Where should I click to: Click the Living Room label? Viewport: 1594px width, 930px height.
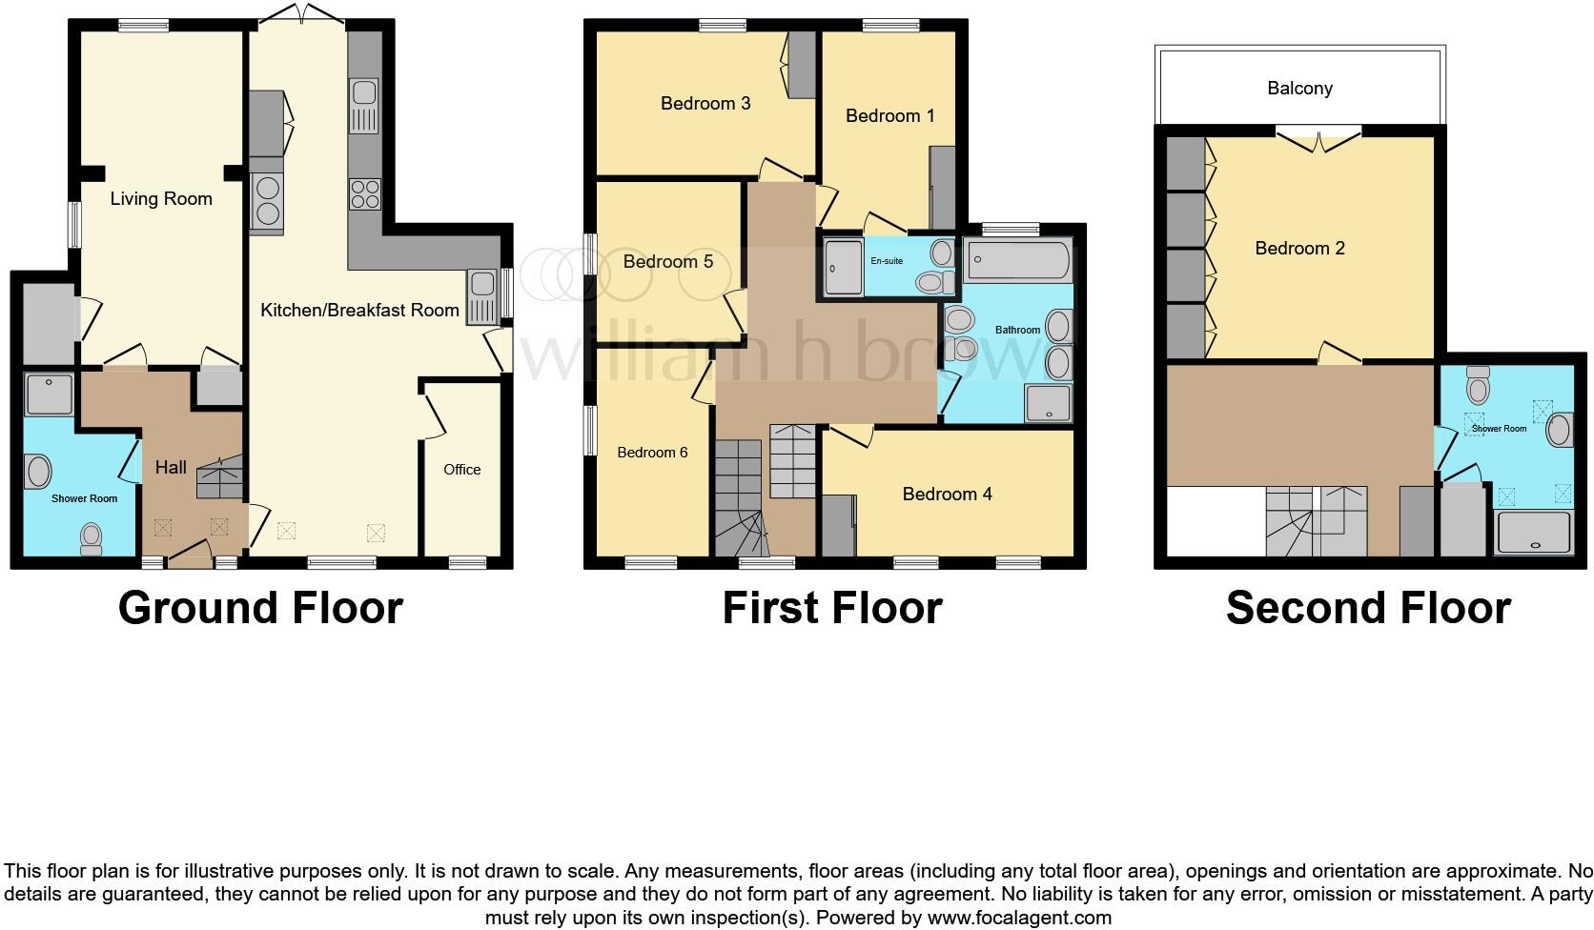click(x=161, y=199)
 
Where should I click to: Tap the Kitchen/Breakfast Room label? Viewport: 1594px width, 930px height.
click(x=359, y=310)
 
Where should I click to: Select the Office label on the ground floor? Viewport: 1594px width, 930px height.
click(x=462, y=470)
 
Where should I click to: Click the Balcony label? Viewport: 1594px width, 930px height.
click(x=1299, y=89)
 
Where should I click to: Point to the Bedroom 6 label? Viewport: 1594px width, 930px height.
click(x=652, y=453)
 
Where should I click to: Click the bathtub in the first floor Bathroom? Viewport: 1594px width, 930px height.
click(x=1017, y=260)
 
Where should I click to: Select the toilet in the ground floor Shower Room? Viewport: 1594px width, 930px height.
click(x=92, y=539)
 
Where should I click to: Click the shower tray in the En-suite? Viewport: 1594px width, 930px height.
click(x=843, y=267)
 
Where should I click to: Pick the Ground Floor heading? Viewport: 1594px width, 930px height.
click(x=260, y=608)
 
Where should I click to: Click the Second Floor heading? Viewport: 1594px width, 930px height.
click(x=1368, y=608)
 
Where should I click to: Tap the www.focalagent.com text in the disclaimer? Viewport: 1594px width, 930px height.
click(x=1019, y=919)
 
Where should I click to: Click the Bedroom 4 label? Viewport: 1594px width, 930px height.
click(x=947, y=494)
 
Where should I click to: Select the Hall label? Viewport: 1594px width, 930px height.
click(x=172, y=467)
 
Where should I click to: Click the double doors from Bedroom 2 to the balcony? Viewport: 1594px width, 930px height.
click(x=1319, y=140)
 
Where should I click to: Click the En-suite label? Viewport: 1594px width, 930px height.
click(x=887, y=260)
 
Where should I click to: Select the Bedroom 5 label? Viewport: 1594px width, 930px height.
click(x=667, y=261)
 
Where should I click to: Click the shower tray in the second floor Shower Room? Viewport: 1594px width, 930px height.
click(x=1533, y=533)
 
